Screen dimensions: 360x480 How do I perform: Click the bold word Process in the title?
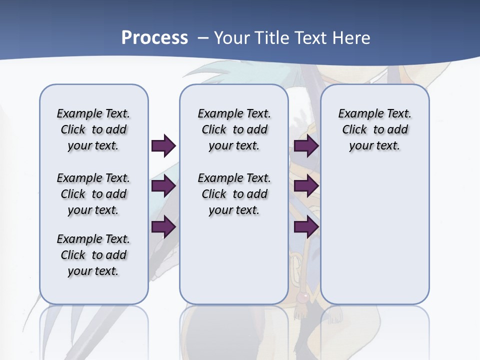click(x=154, y=37)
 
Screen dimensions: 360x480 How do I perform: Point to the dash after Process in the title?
click(x=203, y=38)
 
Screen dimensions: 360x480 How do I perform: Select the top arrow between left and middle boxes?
click(x=163, y=145)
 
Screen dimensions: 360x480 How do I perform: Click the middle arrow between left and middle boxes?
click(x=163, y=186)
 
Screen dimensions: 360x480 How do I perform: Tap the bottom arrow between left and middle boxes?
click(x=163, y=227)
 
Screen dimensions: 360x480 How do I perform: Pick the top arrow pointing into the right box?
click(x=306, y=145)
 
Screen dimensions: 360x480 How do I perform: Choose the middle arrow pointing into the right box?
click(x=306, y=186)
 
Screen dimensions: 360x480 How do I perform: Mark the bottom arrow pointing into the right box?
click(x=306, y=227)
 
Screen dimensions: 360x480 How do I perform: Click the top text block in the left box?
click(x=93, y=129)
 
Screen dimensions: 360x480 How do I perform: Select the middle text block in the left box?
click(x=93, y=194)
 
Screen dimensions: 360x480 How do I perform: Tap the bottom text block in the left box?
click(x=93, y=255)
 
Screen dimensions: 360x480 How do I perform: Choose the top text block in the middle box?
click(x=234, y=129)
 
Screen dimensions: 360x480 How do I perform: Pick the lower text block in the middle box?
click(x=234, y=194)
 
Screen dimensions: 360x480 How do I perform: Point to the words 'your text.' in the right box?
click(x=374, y=145)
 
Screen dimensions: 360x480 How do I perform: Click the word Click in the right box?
click(x=354, y=129)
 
